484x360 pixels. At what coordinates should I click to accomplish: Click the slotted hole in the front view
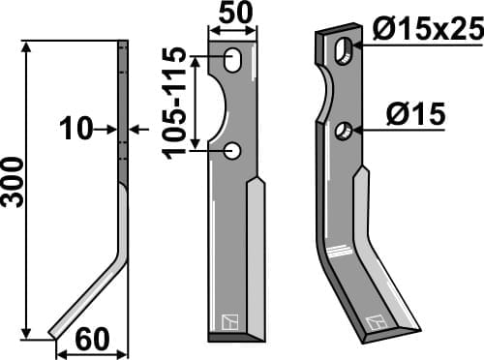coord(233,61)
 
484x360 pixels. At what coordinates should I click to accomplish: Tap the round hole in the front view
coord(232,150)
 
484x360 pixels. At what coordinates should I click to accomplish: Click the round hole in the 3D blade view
coord(344,131)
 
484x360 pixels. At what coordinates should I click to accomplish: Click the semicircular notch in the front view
coord(219,106)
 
